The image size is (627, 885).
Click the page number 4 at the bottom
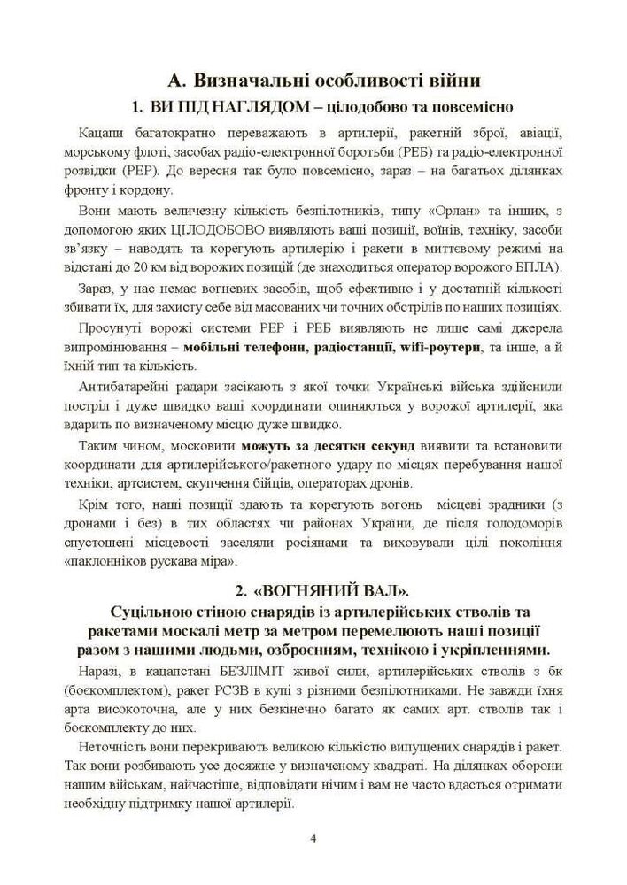point(313,837)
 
